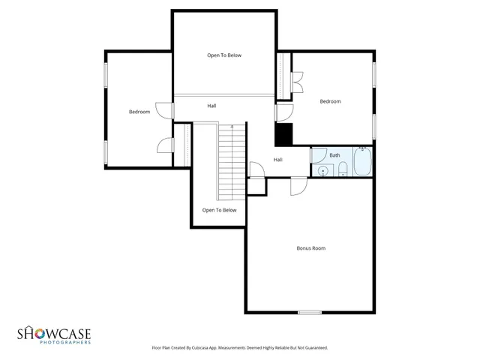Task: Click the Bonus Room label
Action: [x=310, y=247]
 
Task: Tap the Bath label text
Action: [x=334, y=155]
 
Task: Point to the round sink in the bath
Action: [x=322, y=171]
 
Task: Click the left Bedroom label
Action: [x=139, y=112]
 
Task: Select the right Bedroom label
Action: [x=330, y=101]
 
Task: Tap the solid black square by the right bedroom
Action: [x=283, y=136]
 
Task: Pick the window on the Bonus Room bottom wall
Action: [x=310, y=312]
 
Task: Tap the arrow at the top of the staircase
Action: [x=232, y=127]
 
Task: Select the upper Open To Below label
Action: [x=224, y=55]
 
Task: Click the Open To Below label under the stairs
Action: [x=219, y=210]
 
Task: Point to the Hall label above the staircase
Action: [x=212, y=106]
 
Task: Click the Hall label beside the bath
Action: [x=277, y=160]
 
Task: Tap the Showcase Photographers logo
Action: [x=54, y=334]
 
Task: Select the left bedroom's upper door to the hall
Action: [x=164, y=110]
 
